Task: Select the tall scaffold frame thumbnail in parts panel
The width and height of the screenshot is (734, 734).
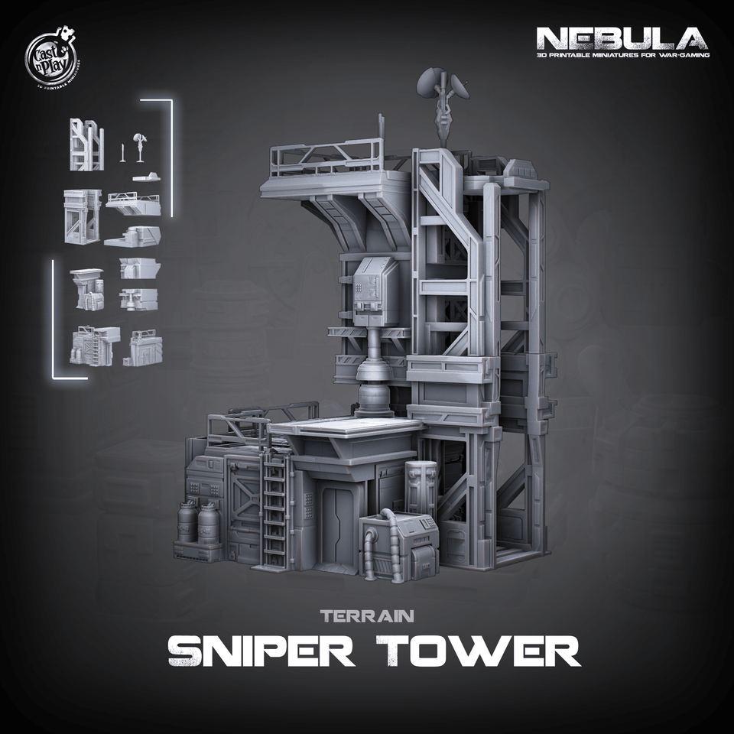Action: pos(86,145)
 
